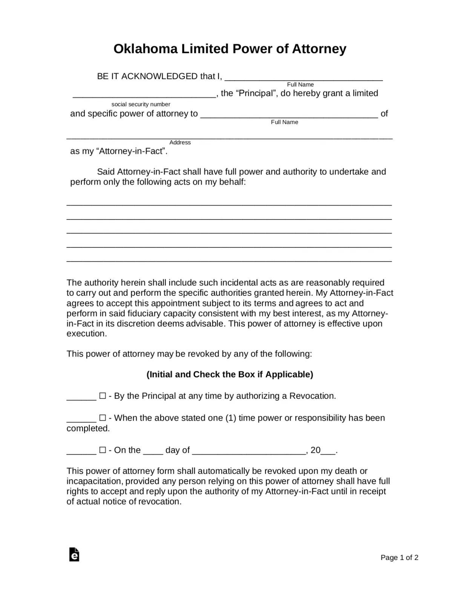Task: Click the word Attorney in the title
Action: (x=319, y=49)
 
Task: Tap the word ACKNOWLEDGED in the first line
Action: (x=159, y=76)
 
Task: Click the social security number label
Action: (x=141, y=104)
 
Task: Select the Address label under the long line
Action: (x=180, y=142)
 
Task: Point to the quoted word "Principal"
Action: (x=256, y=93)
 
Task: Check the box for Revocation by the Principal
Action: (x=103, y=396)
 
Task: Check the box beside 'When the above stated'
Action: (x=103, y=418)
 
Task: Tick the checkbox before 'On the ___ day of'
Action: (x=103, y=450)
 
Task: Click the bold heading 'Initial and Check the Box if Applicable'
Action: (x=230, y=374)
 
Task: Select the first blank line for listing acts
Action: (x=229, y=204)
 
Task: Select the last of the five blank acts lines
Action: (x=229, y=260)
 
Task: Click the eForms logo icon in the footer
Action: (x=74, y=555)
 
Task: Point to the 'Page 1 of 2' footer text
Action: (x=399, y=558)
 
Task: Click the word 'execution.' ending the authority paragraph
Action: (x=87, y=334)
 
